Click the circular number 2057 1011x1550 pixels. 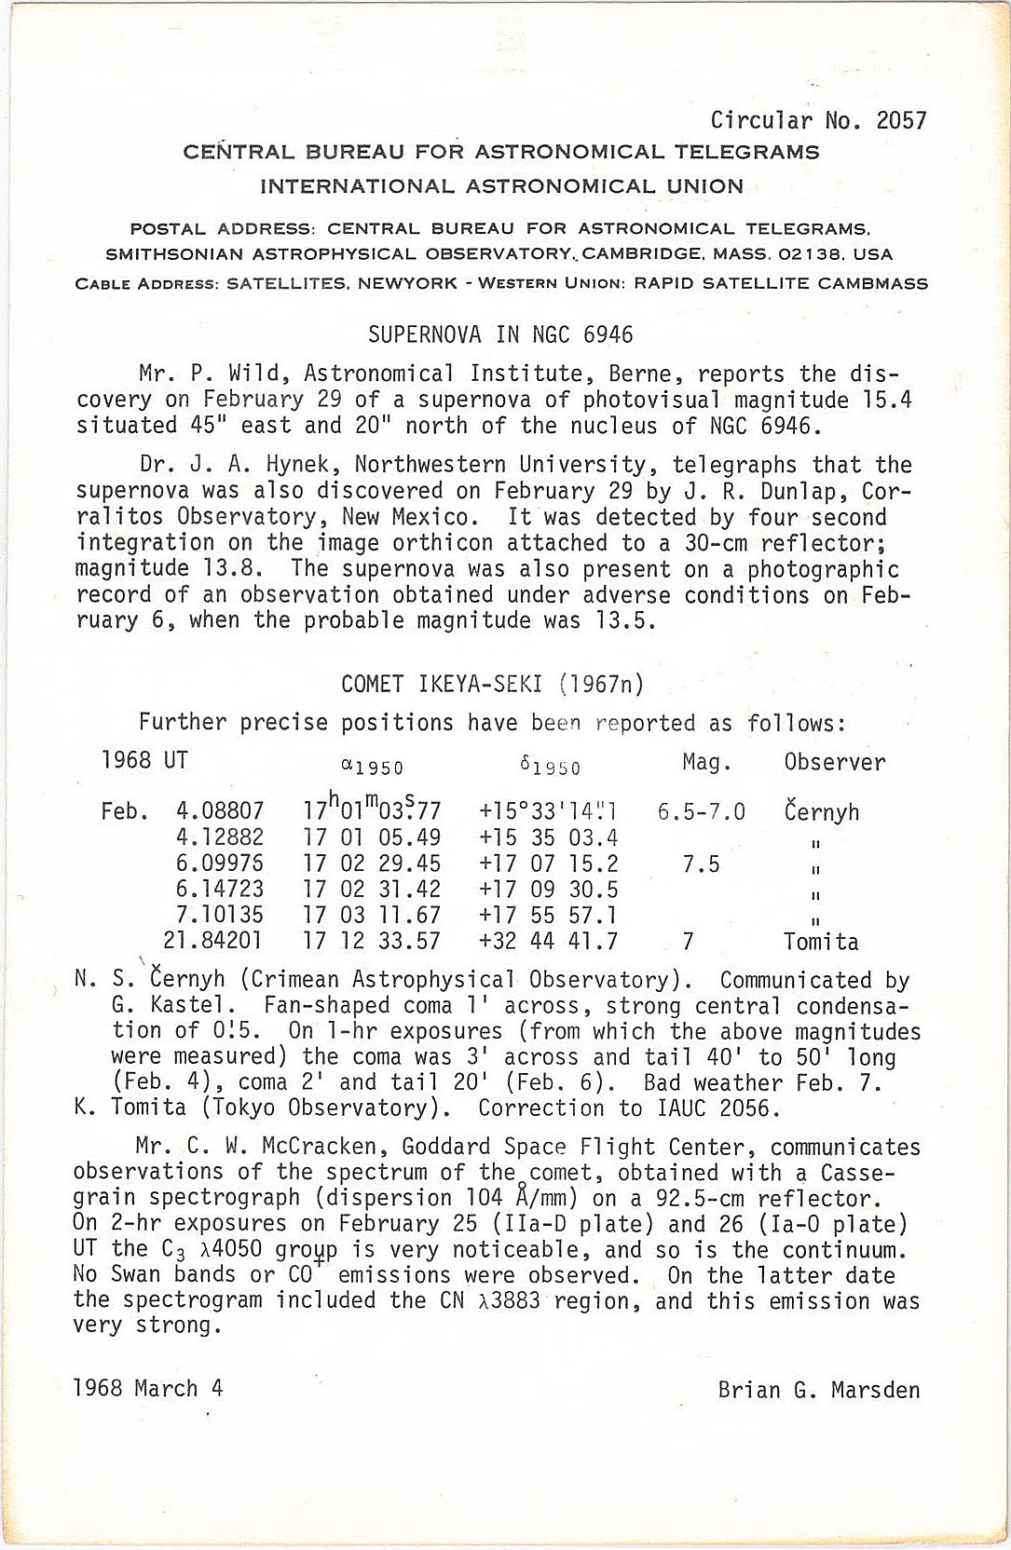(x=902, y=120)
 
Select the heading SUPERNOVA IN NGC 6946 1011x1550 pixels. (x=500, y=334)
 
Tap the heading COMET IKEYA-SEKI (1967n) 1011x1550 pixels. (x=493, y=685)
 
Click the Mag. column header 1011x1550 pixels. (x=706, y=762)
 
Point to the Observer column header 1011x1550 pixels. (x=834, y=762)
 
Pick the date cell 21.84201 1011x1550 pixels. (x=212, y=941)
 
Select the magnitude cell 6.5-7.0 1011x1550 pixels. (x=701, y=811)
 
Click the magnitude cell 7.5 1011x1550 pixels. (x=701, y=863)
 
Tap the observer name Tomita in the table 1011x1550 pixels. (x=821, y=941)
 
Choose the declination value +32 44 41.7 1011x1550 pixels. (x=548, y=941)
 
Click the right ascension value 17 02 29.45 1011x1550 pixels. (x=372, y=863)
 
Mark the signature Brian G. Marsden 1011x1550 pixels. (x=818, y=1390)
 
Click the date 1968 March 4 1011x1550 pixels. (x=148, y=1388)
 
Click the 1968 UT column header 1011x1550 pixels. (x=144, y=760)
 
